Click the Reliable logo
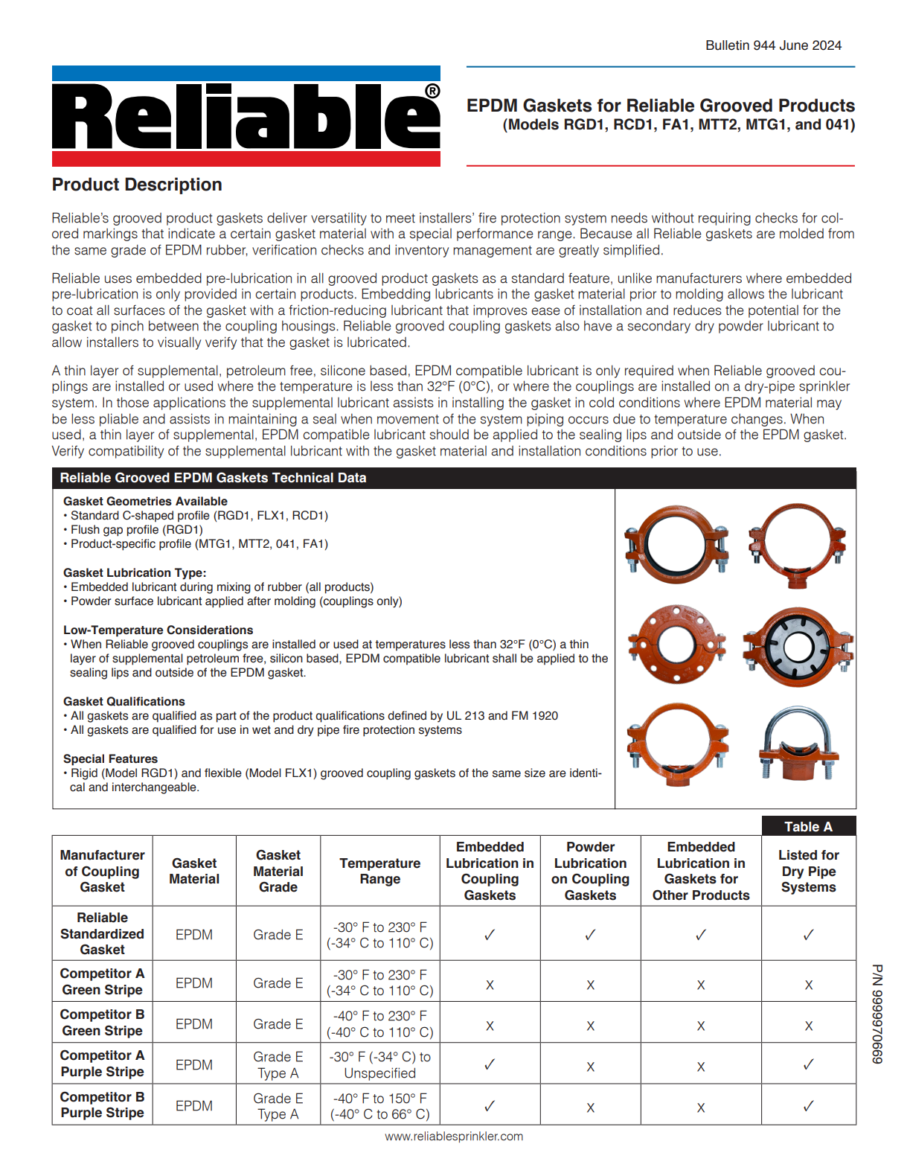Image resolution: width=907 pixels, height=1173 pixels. click(246, 116)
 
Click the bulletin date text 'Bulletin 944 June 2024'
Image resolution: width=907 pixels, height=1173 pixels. click(773, 45)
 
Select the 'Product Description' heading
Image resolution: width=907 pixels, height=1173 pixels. click(137, 185)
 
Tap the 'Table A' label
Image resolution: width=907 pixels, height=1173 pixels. click(808, 826)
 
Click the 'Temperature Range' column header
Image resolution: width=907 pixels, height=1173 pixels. click(379, 871)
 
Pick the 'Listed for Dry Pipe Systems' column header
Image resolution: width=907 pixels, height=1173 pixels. click(808, 871)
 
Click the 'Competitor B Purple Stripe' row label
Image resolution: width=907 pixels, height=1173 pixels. click(103, 1105)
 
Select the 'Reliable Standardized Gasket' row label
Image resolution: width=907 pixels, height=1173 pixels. click(103, 933)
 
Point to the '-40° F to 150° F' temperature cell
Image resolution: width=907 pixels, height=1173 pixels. click(379, 1098)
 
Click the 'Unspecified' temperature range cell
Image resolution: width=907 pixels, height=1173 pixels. click(379, 1073)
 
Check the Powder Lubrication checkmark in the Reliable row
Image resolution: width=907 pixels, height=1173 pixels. click(590, 934)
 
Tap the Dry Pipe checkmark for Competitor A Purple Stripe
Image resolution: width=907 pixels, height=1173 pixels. click(808, 1065)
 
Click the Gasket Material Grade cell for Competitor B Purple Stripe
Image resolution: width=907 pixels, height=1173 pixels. click(278, 1105)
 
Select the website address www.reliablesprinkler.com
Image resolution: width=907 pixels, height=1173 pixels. click(454, 1137)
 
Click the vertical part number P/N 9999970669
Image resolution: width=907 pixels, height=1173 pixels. click(877, 1014)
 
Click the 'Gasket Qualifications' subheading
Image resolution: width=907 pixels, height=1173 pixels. click(124, 701)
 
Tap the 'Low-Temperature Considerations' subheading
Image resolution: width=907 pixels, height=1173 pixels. click(158, 630)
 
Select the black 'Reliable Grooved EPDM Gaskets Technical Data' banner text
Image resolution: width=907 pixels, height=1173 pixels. click(213, 478)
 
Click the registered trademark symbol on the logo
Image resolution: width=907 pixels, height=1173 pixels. click(432, 91)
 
